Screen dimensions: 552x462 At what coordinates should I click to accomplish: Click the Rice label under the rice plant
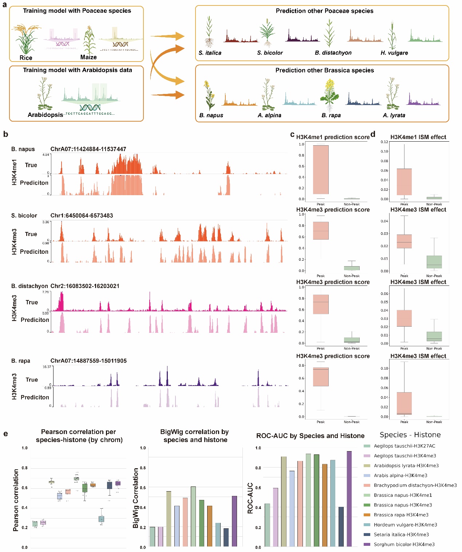[26, 58]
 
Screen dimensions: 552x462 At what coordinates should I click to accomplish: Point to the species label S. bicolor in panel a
[270, 53]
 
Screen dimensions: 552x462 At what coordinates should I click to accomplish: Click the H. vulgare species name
[394, 53]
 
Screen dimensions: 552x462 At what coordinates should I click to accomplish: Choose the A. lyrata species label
[394, 115]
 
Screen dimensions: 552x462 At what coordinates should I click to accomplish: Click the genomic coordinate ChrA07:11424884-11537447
[88, 149]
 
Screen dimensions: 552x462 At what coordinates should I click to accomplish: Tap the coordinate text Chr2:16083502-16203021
[85, 286]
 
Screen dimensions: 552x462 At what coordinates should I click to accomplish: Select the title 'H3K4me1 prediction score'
[333, 137]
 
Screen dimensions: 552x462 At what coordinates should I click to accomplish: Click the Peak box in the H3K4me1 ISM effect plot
[404, 182]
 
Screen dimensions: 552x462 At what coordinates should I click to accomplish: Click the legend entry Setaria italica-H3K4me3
[401, 535]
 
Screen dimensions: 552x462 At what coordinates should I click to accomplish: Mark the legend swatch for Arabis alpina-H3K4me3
[367, 476]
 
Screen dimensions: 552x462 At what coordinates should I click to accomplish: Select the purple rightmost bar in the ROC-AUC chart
[350, 499]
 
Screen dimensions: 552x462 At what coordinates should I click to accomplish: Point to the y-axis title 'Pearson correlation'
[16, 500]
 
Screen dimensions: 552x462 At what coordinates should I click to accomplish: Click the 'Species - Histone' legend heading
[410, 435]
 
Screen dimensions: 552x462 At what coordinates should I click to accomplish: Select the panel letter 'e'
[5, 433]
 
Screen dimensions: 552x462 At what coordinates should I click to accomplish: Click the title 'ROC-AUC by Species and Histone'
[310, 436]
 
